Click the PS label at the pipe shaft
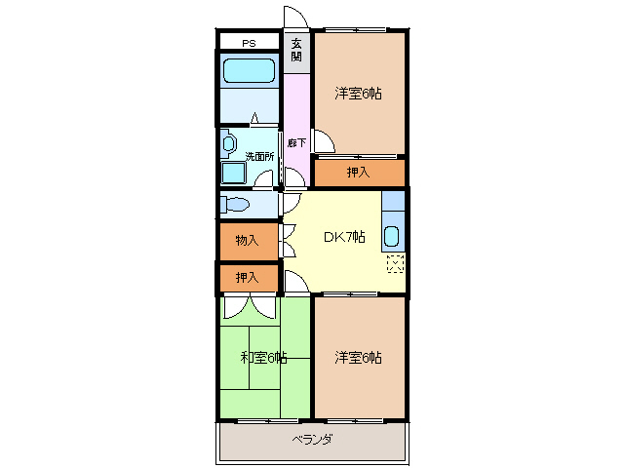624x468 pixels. coord(249,43)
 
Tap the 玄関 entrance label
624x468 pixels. coord(296,50)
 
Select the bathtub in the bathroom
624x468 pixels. coord(249,71)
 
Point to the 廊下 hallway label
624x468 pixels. coord(296,143)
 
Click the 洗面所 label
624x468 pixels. coord(258,156)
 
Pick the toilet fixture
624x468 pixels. coord(236,205)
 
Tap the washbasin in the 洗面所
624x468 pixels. coord(228,144)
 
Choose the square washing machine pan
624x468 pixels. coord(234,173)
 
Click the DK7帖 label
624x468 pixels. coord(344,237)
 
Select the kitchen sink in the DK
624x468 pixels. coord(391,236)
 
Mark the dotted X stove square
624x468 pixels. coord(394,262)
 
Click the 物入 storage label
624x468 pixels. coord(247,240)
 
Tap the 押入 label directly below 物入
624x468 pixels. coord(247,278)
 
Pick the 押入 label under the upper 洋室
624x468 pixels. coord(358,173)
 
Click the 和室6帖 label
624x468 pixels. coord(263,358)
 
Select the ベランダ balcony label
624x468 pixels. coord(312,440)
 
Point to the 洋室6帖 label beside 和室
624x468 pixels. coord(358,358)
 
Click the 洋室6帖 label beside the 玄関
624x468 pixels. coord(358,94)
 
